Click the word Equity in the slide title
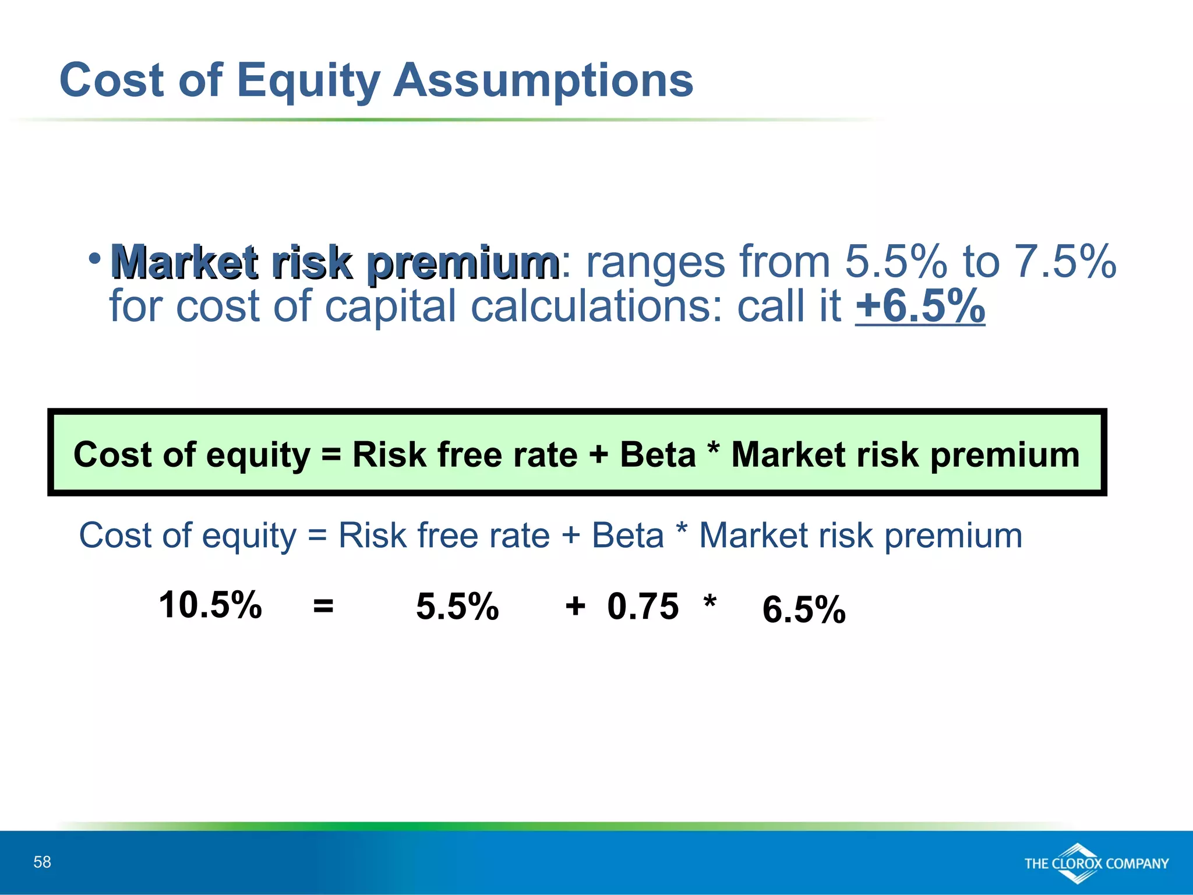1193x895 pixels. [308, 82]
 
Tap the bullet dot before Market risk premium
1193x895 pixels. [95, 257]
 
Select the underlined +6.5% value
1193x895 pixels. [920, 305]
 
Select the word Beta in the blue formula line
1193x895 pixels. [627, 535]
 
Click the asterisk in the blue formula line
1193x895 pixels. [681, 530]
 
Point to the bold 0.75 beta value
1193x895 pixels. [643, 606]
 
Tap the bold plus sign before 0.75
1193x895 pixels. [575, 606]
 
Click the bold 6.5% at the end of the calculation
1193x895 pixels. [803, 609]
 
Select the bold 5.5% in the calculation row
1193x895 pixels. [457, 606]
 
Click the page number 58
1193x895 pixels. [42, 862]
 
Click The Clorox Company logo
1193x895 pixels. [1096, 863]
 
